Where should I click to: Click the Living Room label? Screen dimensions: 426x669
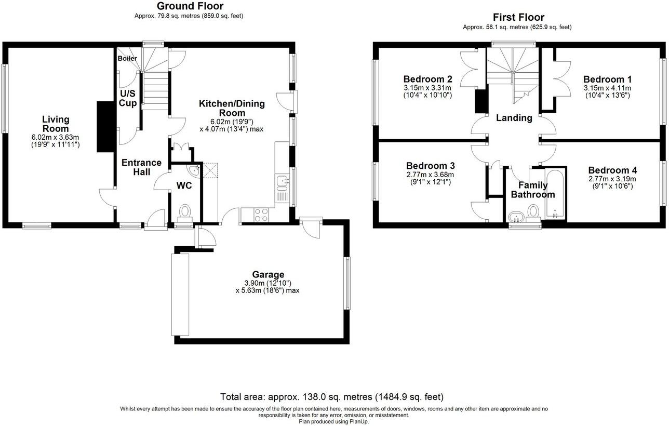[56, 124]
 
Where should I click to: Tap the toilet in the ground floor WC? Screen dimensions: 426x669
[184, 212]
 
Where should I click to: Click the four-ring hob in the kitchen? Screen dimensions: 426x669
[261, 215]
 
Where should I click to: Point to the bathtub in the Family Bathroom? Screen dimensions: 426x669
[555, 194]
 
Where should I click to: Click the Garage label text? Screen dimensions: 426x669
[268, 274]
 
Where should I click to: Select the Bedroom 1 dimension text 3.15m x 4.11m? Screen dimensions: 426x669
[607, 88]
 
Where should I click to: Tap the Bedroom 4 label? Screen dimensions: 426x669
[612, 170]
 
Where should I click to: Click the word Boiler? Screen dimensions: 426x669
[127, 58]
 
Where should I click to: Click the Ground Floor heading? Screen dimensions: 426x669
[190, 6]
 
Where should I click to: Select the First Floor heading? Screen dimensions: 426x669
[518, 18]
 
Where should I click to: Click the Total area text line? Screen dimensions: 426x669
[332, 397]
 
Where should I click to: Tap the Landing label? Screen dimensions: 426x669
[514, 118]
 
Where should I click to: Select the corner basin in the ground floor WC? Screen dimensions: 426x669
[193, 170]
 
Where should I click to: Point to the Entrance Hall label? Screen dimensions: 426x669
[141, 167]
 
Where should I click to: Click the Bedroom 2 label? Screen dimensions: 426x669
[427, 79]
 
